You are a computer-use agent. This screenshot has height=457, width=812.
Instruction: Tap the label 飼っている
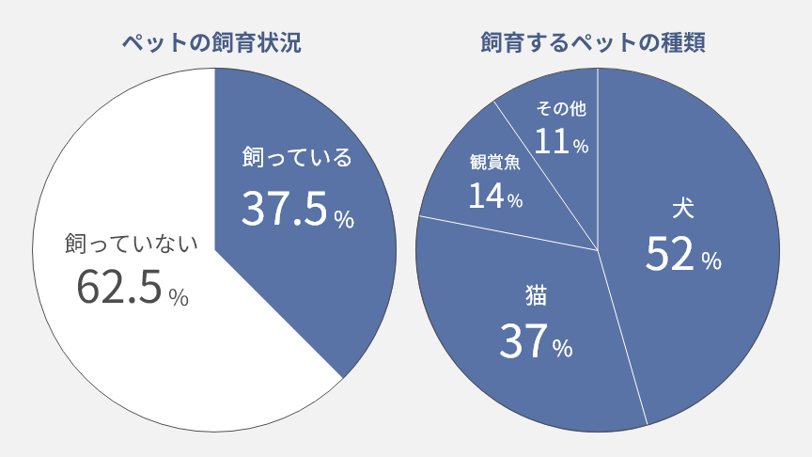point(296,157)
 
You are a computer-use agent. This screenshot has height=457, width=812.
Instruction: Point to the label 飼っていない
point(132,244)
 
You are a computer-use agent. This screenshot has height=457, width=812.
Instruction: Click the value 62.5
point(119,289)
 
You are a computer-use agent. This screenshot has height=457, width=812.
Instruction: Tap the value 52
point(669,254)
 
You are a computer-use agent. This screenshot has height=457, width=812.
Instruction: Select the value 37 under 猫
point(523,342)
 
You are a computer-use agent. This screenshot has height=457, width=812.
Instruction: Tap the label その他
point(561,109)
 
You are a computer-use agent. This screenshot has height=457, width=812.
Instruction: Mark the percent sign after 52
point(711,260)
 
